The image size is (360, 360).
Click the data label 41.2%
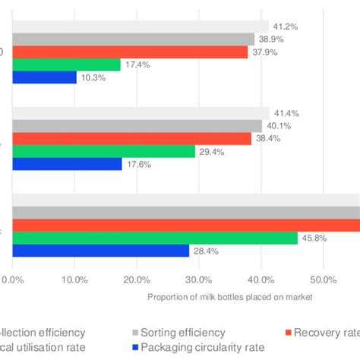pyautogui.click(x=286, y=26)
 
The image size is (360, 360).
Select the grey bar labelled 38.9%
pyautogui.click(x=133, y=39)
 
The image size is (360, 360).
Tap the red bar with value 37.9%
pyautogui.click(x=130, y=52)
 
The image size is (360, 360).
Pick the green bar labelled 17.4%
pyautogui.click(x=66, y=65)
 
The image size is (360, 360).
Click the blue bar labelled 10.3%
pyautogui.click(x=44, y=77)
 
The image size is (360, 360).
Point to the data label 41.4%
pyautogui.click(x=286, y=112)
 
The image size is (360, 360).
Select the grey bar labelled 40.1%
pyautogui.click(x=137, y=125)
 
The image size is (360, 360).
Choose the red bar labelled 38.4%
pyautogui.click(x=131, y=138)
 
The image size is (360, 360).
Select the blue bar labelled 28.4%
pyautogui.click(x=100, y=251)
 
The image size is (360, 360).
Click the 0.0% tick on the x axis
pyautogui.click(x=13, y=279)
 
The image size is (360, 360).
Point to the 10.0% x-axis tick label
pyautogui.click(x=74, y=279)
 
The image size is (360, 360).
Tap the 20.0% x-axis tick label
pyautogui.click(x=137, y=279)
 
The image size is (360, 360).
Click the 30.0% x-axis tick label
pyautogui.click(x=199, y=279)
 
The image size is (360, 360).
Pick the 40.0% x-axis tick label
pyautogui.click(x=261, y=279)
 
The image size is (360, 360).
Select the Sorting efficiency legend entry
pyautogui.click(x=180, y=332)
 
